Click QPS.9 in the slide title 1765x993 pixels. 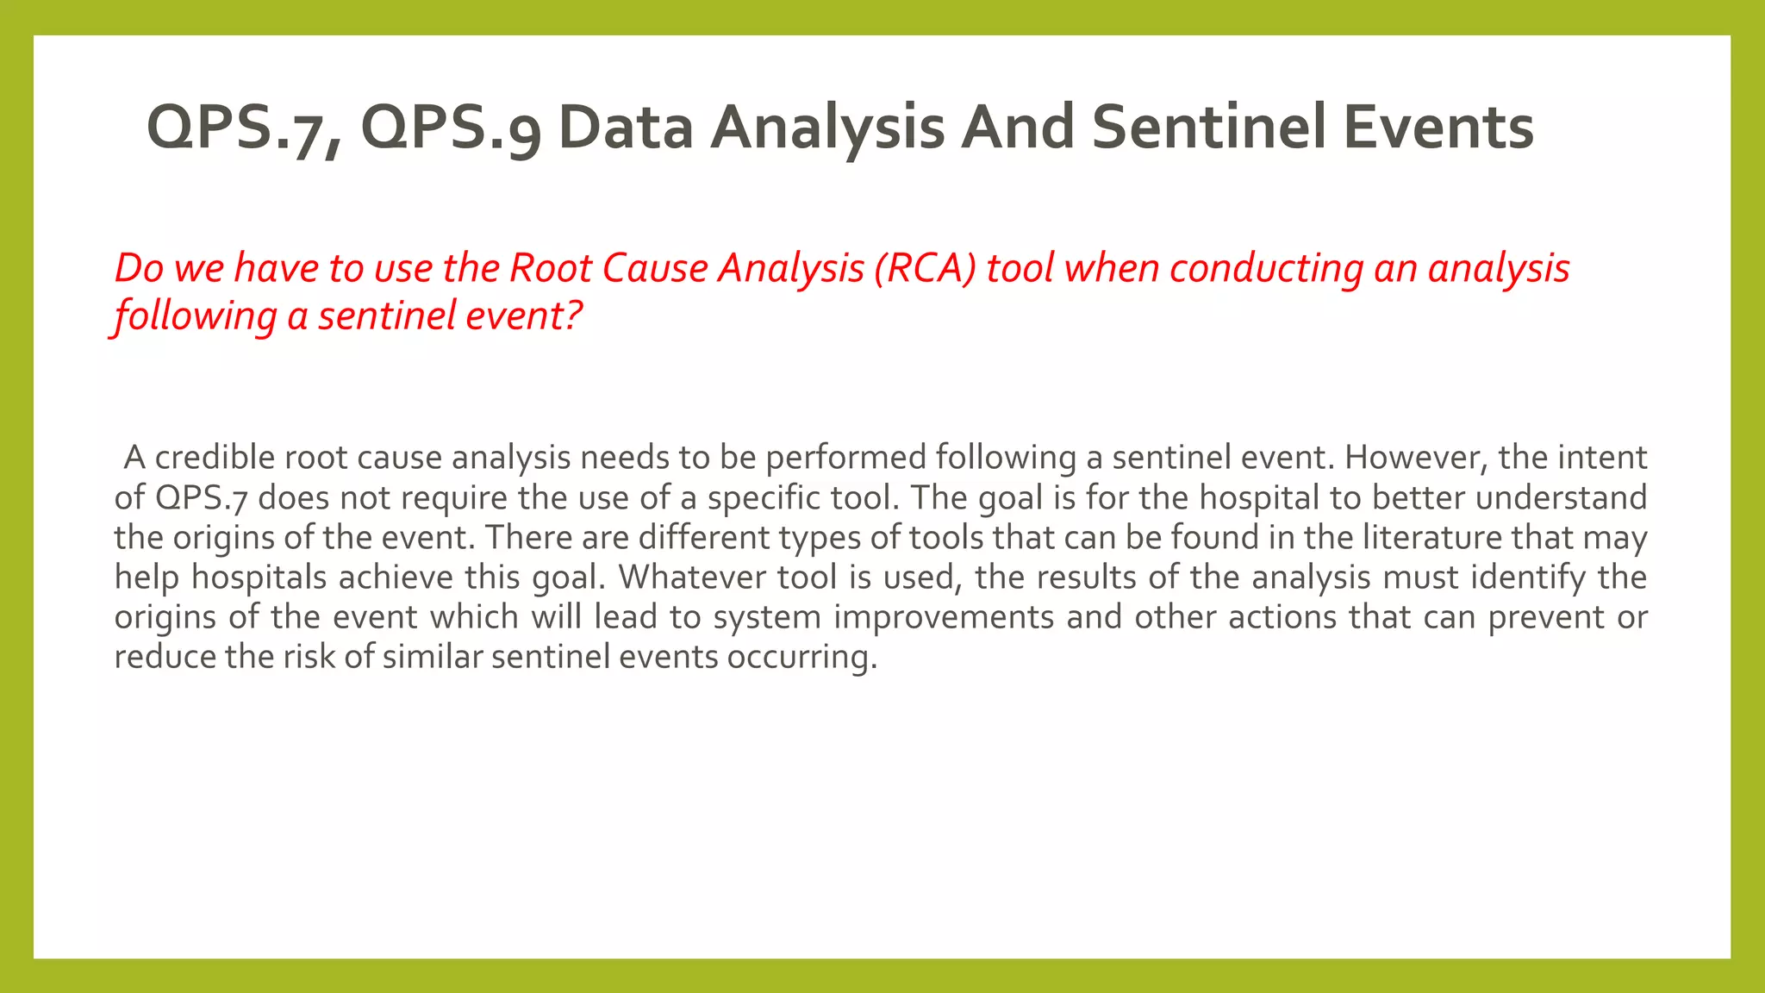[x=450, y=128]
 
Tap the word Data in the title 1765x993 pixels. [x=625, y=128]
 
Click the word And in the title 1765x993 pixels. [x=1017, y=128]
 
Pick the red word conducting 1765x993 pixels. [x=1267, y=268]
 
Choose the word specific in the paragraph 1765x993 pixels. [x=764, y=498]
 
